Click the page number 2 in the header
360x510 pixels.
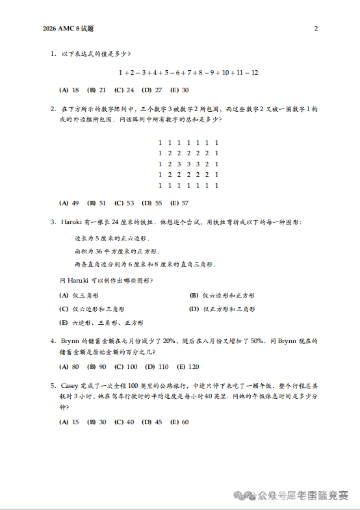point(316,29)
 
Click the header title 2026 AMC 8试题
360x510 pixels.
point(68,29)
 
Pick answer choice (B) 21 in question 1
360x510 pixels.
point(97,90)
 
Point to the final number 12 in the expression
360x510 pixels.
point(254,72)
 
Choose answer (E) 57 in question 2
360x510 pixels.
point(179,203)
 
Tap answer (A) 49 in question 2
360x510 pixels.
point(69,203)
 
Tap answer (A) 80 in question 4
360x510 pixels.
point(69,366)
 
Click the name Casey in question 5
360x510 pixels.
point(70,385)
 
